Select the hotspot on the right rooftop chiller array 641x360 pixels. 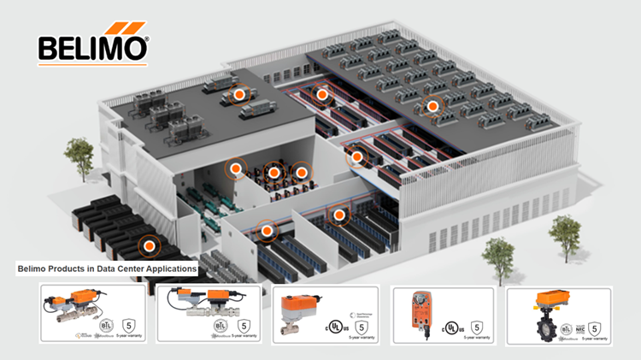[x=432, y=106]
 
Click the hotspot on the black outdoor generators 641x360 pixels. [x=150, y=245]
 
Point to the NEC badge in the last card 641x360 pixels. [x=583, y=324]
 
